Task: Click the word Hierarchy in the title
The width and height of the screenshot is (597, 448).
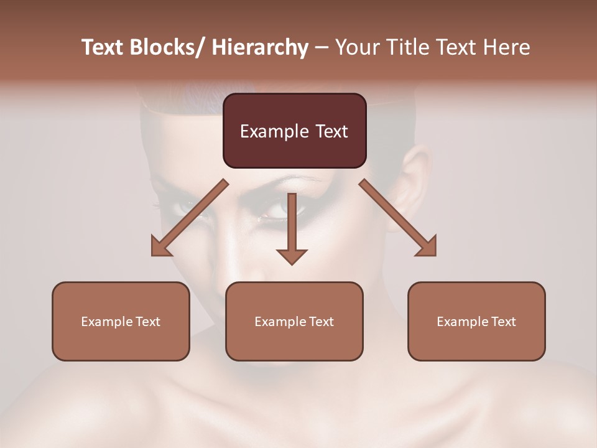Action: pyautogui.click(x=260, y=47)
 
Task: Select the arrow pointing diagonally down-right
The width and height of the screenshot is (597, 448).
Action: pyautogui.click(x=398, y=218)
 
